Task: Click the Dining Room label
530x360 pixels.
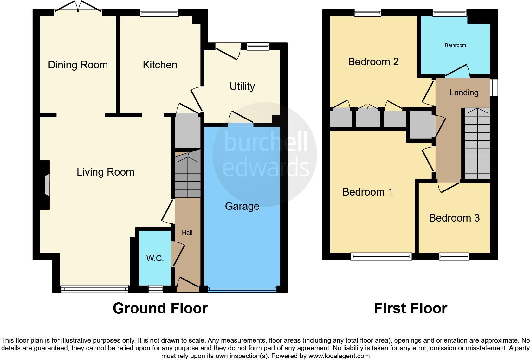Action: coord(78,65)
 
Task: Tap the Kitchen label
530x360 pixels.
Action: coord(160,65)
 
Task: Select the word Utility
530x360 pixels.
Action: coord(242,87)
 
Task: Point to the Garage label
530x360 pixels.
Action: coord(242,206)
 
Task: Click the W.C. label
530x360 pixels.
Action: coord(155,258)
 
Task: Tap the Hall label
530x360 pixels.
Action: coord(187,232)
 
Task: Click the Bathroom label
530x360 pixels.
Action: coord(455,45)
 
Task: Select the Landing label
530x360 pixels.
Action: coord(464,93)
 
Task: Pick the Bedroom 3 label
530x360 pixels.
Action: coord(454,218)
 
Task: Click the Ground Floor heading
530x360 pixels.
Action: coord(160,308)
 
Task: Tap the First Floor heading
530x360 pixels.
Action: coord(410,308)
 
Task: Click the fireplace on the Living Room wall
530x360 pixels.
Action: coord(47,185)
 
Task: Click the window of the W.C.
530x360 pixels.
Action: coord(156,289)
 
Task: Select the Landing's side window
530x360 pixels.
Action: coord(494,87)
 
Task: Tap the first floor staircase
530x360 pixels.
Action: coord(477,144)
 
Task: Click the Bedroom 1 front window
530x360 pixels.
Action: coord(381,257)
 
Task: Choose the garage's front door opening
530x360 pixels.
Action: coord(242,289)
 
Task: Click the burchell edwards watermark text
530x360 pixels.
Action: coord(266,155)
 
